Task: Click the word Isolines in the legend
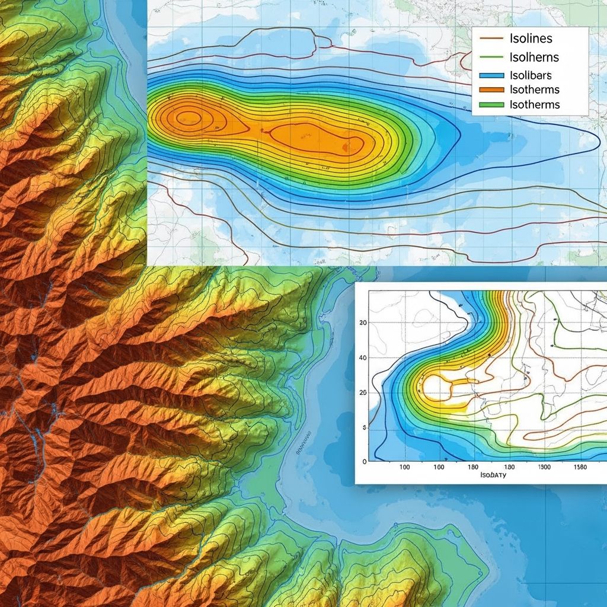531,39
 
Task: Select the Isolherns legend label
534,57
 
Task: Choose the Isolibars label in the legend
531,75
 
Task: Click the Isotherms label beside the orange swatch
534,90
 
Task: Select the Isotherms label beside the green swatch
534,104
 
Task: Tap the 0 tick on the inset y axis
364,461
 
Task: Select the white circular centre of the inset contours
437,386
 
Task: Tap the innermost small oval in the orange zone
189,116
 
